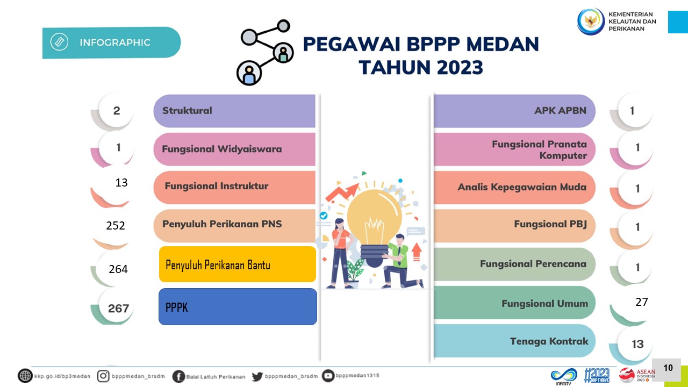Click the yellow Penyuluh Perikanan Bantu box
[x=238, y=264]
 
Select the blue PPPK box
[x=238, y=306]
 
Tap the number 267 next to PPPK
[x=118, y=309]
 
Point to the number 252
[x=116, y=225]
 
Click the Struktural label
[x=187, y=111]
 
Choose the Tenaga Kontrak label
[x=549, y=341]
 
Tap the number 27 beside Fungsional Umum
[x=642, y=302]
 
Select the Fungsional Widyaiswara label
[x=222, y=149]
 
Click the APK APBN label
[x=560, y=111]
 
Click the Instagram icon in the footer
[x=103, y=376]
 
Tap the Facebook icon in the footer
[x=178, y=376]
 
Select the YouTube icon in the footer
[x=328, y=376]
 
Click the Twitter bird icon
[x=257, y=376]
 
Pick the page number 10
[x=668, y=368]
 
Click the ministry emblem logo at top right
[x=591, y=21]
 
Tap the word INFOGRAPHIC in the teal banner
[x=115, y=42]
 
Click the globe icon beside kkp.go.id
[x=25, y=376]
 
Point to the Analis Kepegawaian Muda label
[x=522, y=187]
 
